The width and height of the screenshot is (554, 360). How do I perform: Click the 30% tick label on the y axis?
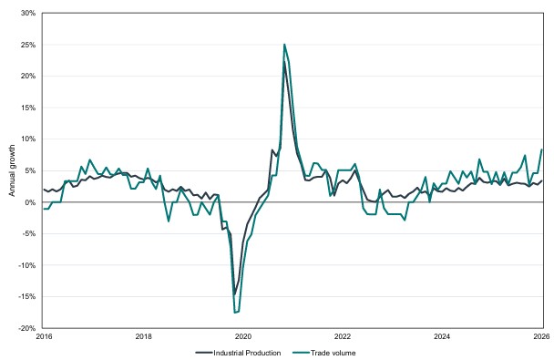point(28,13)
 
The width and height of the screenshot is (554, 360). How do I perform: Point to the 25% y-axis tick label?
point(28,45)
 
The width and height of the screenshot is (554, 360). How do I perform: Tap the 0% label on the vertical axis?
point(30,202)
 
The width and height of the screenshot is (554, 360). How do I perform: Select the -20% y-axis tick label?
point(27,328)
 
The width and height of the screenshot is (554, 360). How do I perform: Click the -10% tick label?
point(27,265)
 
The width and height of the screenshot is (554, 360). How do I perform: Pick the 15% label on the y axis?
point(28,108)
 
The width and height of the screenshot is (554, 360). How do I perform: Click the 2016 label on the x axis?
point(44,336)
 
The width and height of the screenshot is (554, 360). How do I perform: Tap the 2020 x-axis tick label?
point(243,336)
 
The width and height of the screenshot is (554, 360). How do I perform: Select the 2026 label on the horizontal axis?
point(542,336)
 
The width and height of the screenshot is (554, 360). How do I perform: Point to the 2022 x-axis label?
point(343,336)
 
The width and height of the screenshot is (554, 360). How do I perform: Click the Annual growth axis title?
point(12,170)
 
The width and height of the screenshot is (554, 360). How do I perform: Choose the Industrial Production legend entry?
point(239,353)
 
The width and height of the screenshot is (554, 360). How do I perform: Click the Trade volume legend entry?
point(324,353)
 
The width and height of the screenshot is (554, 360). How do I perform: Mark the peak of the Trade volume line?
point(284,45)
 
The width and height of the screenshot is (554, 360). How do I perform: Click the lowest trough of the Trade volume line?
point(234,313)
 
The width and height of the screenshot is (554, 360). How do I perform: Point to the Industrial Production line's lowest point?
point(234,294)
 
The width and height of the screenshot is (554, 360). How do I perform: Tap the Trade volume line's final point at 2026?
point(542,149)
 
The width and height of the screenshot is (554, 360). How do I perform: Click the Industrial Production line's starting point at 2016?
point(44,190)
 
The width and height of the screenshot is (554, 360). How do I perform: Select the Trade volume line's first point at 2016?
point(44,209)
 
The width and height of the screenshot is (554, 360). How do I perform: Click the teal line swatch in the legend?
point(301,353)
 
